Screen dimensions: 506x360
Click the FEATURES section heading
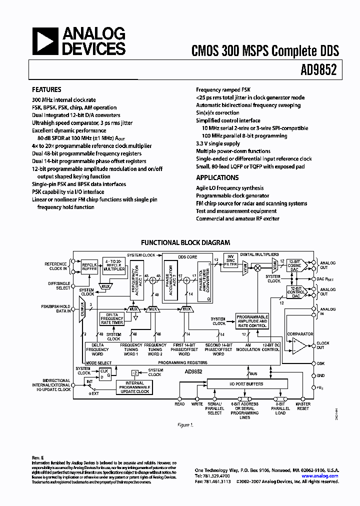[x=46, y=90]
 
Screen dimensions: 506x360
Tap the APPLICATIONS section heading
[x=217, y=178]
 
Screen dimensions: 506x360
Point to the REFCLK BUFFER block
[x=89, y=266]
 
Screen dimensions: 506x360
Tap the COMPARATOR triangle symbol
[x=300, y=344]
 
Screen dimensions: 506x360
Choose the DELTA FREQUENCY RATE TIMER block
[x=112, y=318]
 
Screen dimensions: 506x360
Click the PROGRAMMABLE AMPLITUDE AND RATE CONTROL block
[x=252, y=321]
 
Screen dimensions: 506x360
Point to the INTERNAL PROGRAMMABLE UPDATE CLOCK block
[x=134, y=387]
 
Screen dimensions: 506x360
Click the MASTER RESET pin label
[x=303, y=406]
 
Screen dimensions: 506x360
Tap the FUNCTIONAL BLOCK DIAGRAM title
[x=185, y=242]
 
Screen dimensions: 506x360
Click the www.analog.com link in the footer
[x=320, y=476]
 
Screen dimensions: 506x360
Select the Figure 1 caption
[x=185, y=425]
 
